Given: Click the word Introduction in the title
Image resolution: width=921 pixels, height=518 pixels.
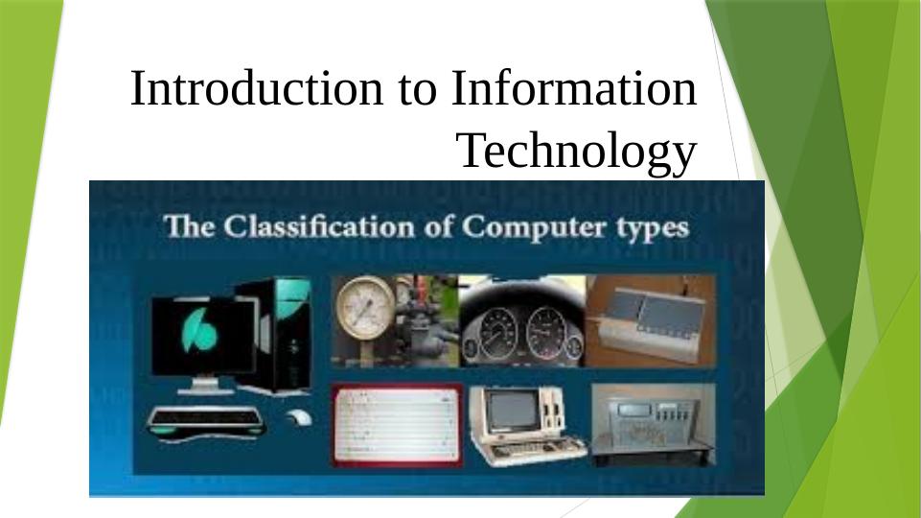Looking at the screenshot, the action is pos(256,88).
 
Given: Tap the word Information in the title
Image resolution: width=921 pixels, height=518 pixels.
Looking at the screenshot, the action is pos(574,88).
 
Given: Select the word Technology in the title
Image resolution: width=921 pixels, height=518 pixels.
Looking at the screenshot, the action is pos(577,152).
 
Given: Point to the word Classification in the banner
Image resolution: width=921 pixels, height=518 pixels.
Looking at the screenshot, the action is pos(319,227).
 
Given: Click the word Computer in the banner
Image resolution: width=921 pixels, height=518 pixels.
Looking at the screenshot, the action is pos(533,228).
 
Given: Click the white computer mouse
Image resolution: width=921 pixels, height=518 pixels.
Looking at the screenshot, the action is pos(299,417).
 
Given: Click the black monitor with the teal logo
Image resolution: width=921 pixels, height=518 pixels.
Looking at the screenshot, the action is pos(203,338).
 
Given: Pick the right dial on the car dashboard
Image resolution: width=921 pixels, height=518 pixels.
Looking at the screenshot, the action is pos(546,334).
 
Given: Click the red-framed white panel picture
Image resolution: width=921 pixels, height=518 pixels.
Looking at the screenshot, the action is pos(397,425).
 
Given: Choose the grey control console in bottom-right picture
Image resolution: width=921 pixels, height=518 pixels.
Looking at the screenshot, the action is pos(654,425).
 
